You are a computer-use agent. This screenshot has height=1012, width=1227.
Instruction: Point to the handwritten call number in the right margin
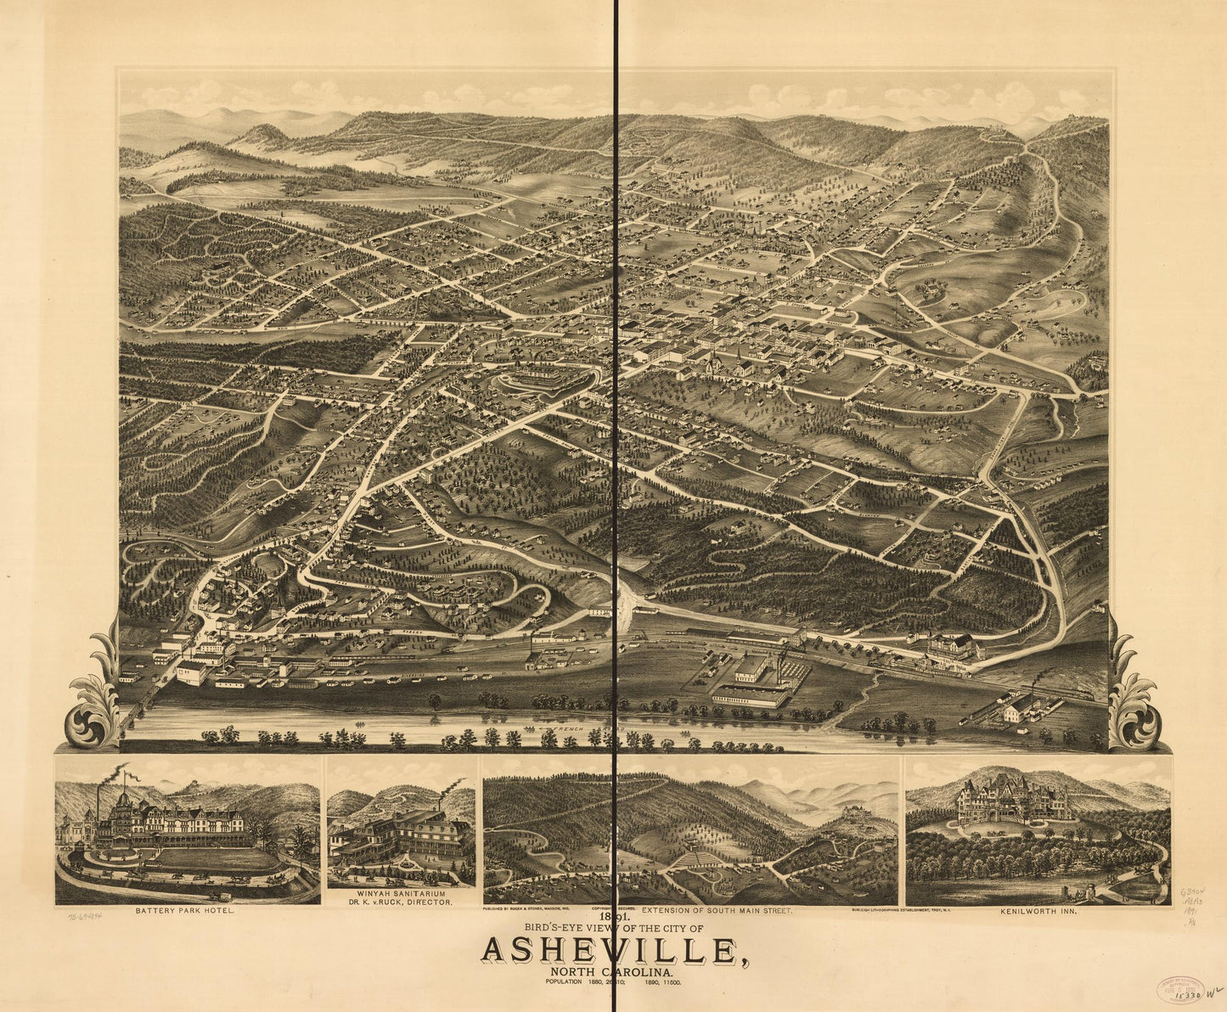click(x=1192, y=908)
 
